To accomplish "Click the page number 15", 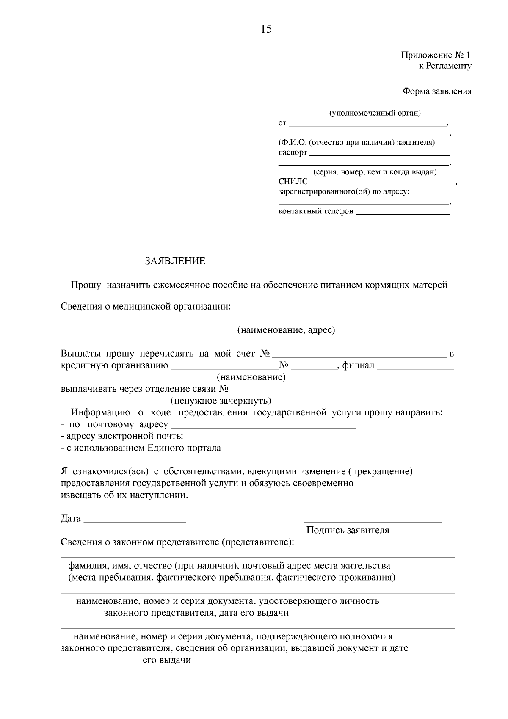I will coord(266,29).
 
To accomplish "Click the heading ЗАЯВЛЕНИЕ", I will coord(175,261).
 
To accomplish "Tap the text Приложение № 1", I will coord(436,55).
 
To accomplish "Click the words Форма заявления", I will coord(437,91).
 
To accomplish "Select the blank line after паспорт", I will coord(380,154).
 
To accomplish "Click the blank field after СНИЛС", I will coord(381,183).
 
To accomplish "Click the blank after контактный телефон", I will coord(403,213).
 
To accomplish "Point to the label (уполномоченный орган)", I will coord(375,113).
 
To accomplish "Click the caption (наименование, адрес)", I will coord(286,330).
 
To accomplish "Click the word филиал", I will coord(358,365).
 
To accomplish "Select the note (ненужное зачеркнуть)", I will coord(221,401).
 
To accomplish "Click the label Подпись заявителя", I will coord(348,530).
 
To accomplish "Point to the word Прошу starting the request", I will coord(86,285).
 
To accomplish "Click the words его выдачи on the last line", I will coord(166,660).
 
